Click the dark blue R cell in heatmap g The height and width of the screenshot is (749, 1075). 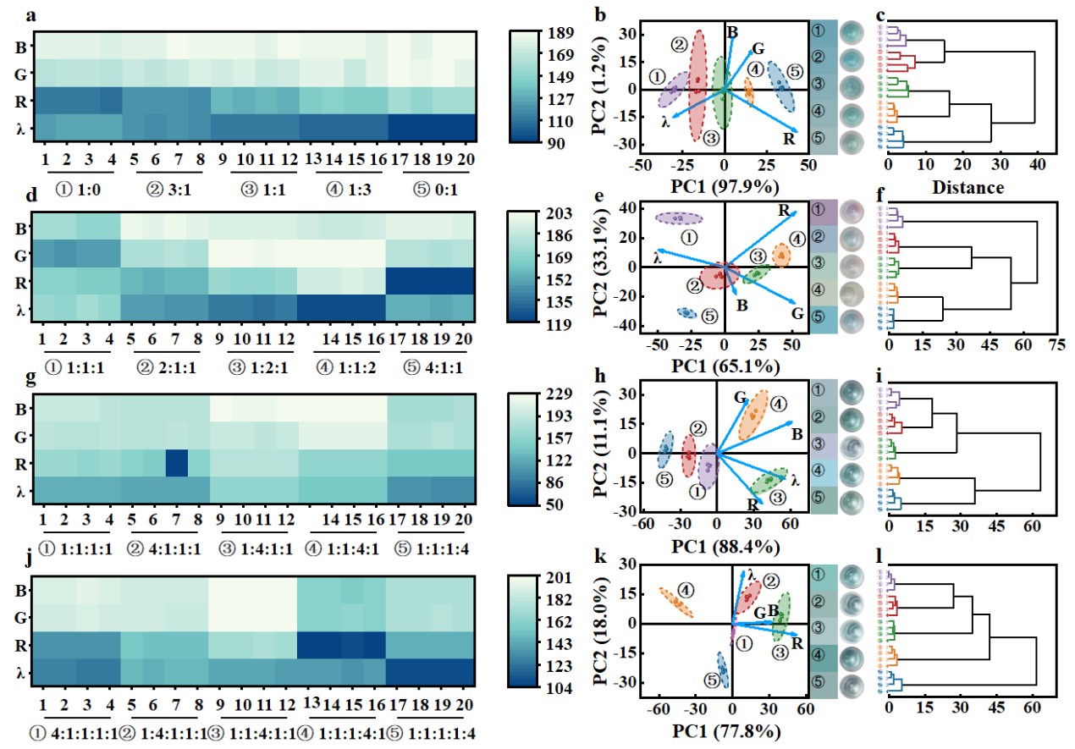tap(176, 464)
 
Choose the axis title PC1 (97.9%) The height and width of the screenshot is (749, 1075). tap(724, 185)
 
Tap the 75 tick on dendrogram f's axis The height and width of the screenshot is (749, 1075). tap(1056, 345)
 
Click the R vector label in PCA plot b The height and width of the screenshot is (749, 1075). tap(789, 139)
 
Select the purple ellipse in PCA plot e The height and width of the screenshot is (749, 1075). tap(679, 218)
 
